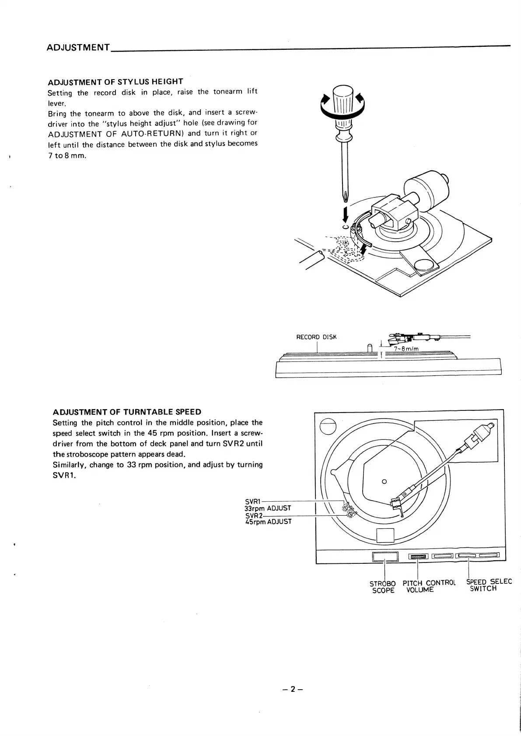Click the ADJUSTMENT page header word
78,47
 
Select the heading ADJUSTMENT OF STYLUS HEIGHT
115,82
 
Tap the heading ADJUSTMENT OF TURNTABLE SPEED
127,412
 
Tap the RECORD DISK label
316,337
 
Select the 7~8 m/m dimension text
406,349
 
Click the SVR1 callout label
252,502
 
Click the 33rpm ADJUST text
267,508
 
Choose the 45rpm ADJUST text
268,521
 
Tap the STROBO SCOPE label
383,587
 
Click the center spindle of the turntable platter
384,482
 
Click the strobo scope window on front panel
385,556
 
